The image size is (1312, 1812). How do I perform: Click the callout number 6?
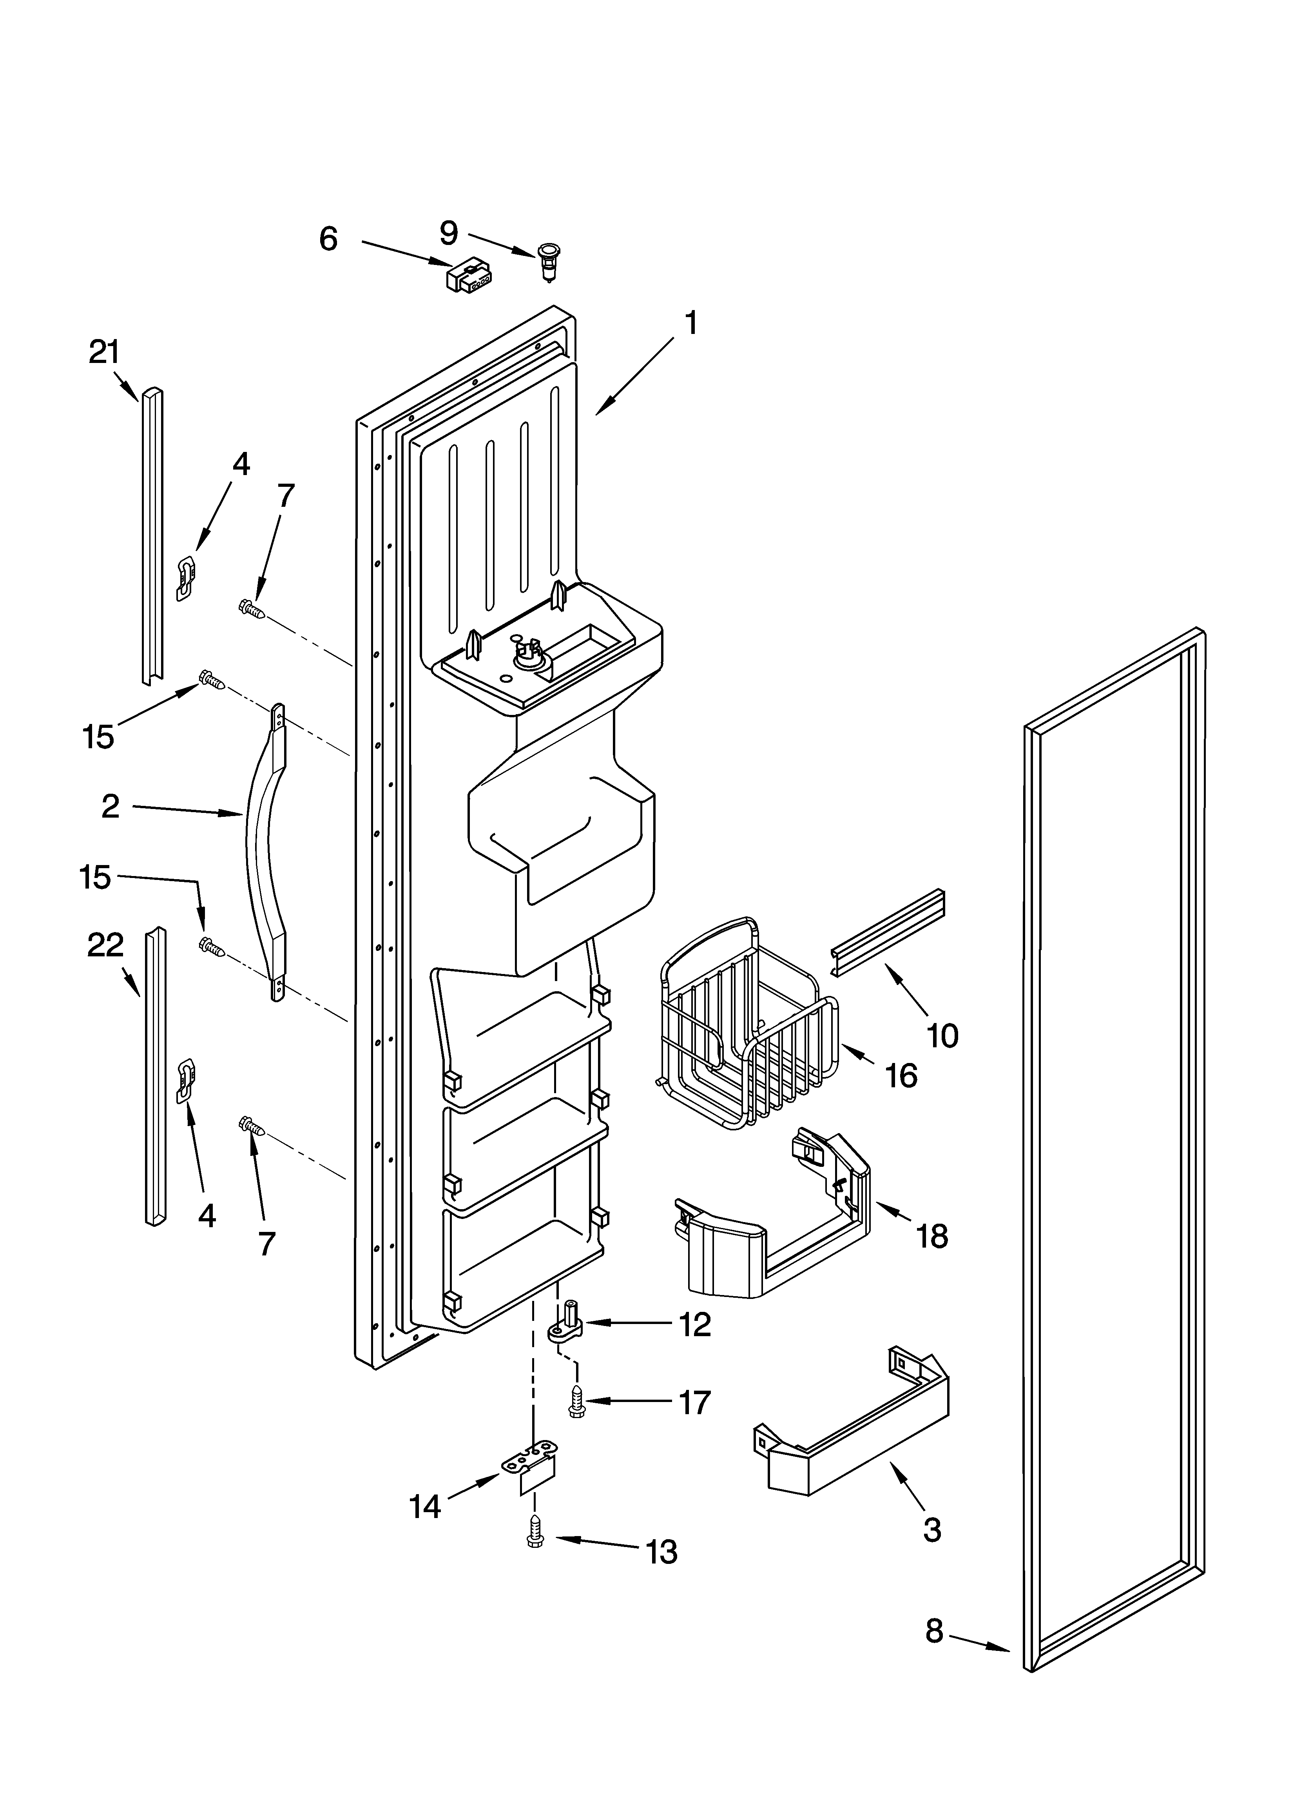tap(328, 239)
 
